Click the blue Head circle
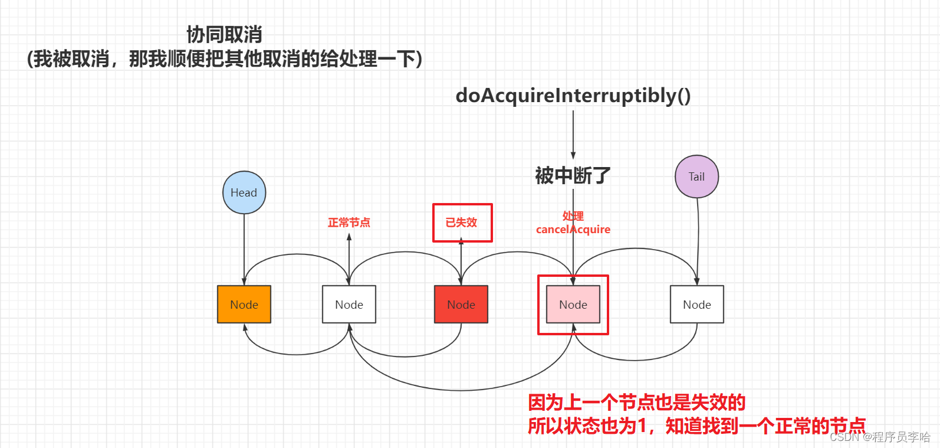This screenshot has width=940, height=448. point(244,192)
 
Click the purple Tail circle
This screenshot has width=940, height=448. point(696,176)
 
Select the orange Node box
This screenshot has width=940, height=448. point(244,305)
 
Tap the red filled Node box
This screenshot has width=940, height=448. point(461,305)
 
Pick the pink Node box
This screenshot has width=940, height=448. point(573,305)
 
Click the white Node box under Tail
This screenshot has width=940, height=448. point(697,305)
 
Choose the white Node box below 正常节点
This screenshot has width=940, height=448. point(349,305)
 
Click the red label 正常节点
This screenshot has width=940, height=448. point(349,223)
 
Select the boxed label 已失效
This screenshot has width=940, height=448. point(462,223)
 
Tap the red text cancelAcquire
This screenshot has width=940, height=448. point(573,230)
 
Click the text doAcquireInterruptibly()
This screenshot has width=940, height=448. point(573,96)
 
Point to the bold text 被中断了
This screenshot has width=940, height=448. point(573,175)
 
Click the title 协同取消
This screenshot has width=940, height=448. point(224,35)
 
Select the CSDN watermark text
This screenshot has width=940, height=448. point(879,437)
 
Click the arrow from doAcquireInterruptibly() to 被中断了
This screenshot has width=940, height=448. point(573,133)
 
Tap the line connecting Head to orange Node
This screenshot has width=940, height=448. point(244,248)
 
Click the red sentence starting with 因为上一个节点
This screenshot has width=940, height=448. point(637,403)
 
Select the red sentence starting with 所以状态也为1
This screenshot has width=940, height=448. point(696,426)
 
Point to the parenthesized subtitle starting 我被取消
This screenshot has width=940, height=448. point(224,59)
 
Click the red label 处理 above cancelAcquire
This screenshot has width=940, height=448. point(573,216)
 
